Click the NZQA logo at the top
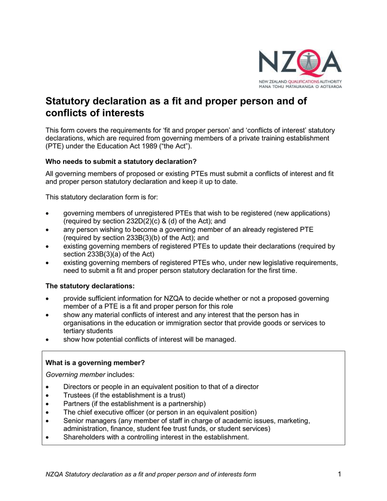300,69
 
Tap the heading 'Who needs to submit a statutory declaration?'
121,161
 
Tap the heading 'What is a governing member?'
95,363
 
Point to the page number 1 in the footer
339,474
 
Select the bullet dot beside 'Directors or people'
47,387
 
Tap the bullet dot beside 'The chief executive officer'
47,412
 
